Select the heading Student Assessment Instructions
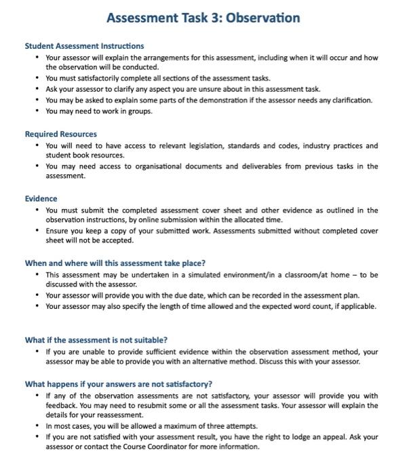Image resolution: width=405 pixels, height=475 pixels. pyautogui.click(x=84, y=46)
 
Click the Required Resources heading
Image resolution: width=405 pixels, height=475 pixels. pyautogui.click(x=60, y=134)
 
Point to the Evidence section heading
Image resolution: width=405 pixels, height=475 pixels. pyautogui.click(x=41, y=199)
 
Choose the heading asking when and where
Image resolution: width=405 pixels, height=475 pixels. pyautogui.click(x=115, y=263)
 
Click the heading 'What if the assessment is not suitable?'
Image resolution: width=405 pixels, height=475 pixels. pyautogui.click(x=96, y=340)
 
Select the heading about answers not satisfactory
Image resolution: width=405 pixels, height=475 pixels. pyautogui.click(x=118, y=384)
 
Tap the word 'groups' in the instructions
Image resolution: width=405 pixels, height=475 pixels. pyautogui.click(x=139, y=111)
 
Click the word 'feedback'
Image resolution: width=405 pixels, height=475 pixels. pyautogui.click(x=62, y=406)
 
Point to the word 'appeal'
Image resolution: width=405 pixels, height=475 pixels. pyautogui.click(x=323, y=437)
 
